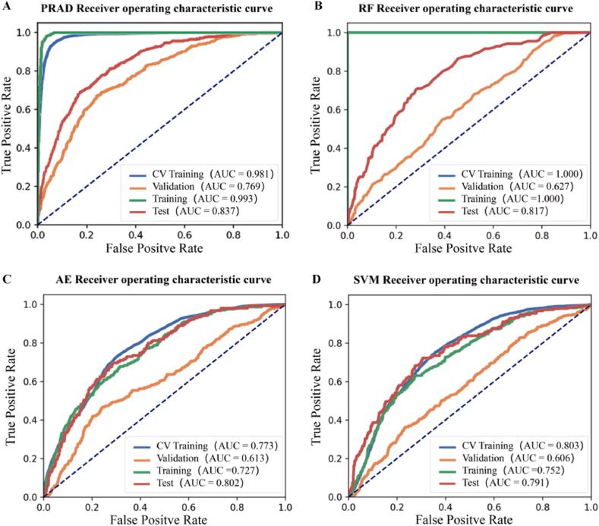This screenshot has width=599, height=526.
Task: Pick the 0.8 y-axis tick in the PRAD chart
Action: pyautogui.click(x=25, y=71)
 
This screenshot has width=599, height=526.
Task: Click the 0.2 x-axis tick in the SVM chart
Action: pyautogui.click(x=397, y=506)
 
